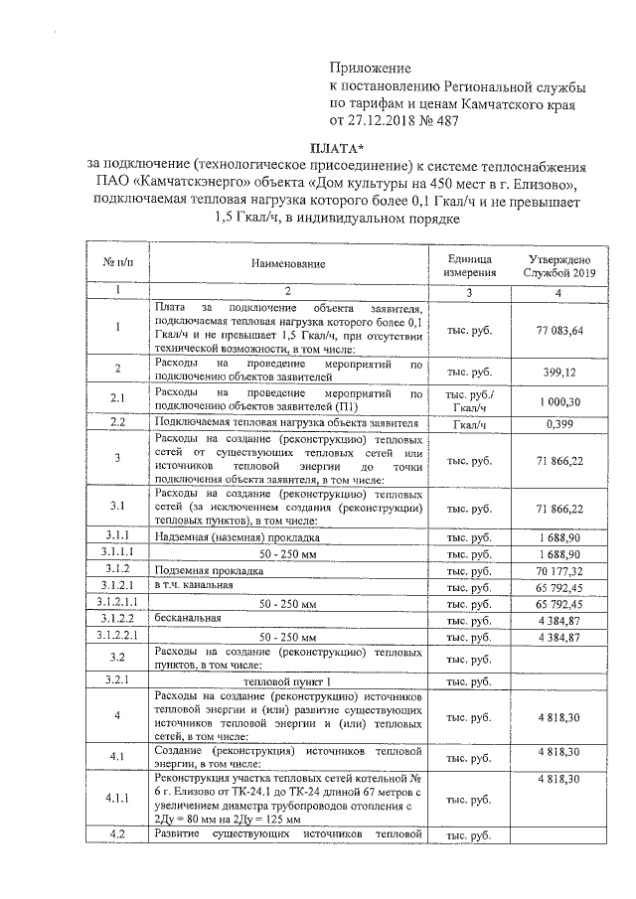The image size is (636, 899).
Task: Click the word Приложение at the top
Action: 369,69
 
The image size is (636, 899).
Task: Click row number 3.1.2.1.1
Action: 117,603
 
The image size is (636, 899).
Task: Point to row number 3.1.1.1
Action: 117,553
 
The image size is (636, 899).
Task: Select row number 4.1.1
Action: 117,797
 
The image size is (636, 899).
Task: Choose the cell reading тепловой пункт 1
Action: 287,680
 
